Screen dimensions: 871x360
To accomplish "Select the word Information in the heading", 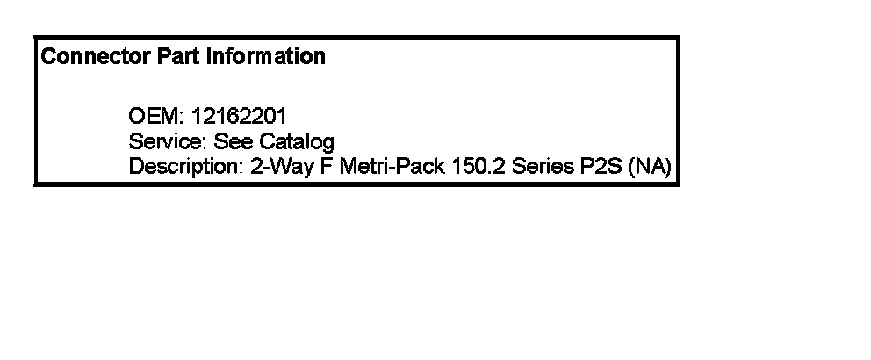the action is coord(265,57).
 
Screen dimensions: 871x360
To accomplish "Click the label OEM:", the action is coord(156,116).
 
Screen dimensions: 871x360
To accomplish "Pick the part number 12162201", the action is coord(238,116).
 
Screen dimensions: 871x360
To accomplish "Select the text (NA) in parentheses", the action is coord(650,167).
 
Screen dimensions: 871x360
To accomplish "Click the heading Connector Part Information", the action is coord(184,57).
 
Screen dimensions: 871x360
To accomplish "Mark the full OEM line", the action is coord(207,116).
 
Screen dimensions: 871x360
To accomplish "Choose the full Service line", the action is coord(232,141).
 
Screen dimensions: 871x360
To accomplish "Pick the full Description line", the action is coord(400,167).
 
